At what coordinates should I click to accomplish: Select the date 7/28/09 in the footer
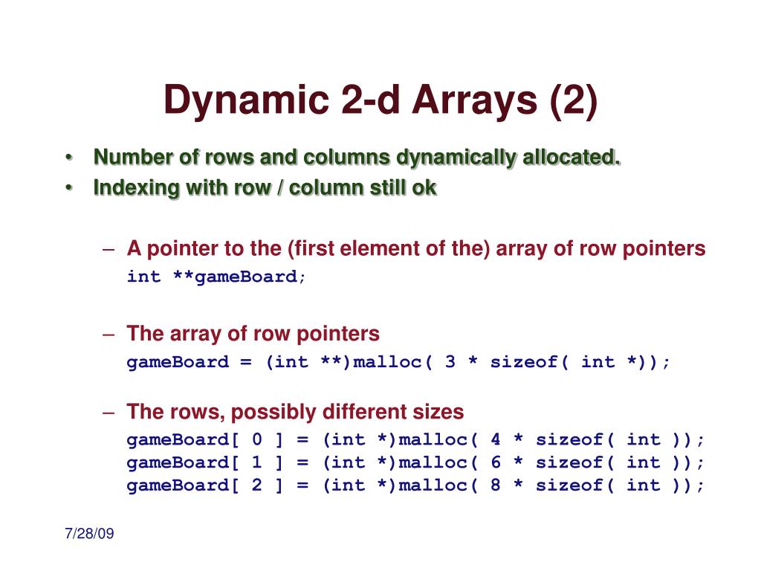point(89,534)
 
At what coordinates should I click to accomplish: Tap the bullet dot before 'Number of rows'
point(68,158)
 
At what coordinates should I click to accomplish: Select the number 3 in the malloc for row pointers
point(450,362)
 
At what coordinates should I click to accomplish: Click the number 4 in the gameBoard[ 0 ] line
point(496,439)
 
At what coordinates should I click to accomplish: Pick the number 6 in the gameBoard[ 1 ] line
point(496,462)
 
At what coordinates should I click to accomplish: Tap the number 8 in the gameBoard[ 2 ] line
point(496,485)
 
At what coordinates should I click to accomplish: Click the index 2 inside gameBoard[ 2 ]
point(256,485)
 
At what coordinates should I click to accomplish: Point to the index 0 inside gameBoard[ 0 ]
point(256,439)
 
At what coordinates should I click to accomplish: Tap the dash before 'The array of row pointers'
point(109,334)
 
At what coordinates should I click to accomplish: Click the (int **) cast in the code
point(308,362)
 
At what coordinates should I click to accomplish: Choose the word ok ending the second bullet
point(424,188)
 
